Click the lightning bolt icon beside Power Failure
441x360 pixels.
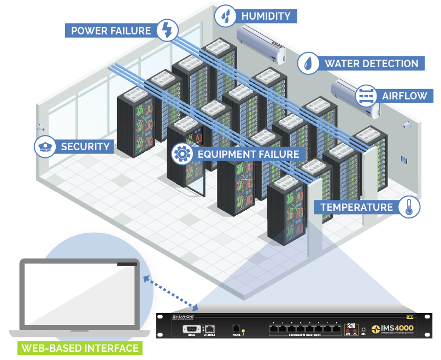point(167,30)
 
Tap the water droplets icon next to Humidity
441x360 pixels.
point(225,16)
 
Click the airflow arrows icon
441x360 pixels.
point(365,96)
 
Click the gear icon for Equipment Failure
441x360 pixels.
point(181,154)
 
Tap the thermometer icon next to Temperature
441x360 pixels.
point(409,207)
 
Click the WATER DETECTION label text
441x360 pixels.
point(371,63)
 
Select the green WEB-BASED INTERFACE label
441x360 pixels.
point(79,348)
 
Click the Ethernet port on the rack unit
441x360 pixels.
point(209,329)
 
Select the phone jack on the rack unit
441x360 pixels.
point(236,329)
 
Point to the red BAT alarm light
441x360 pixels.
point(348,331)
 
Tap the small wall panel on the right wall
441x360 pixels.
point(404,160)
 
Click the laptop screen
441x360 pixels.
point(79,295)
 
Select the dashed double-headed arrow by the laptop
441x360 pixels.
point(169,292)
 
